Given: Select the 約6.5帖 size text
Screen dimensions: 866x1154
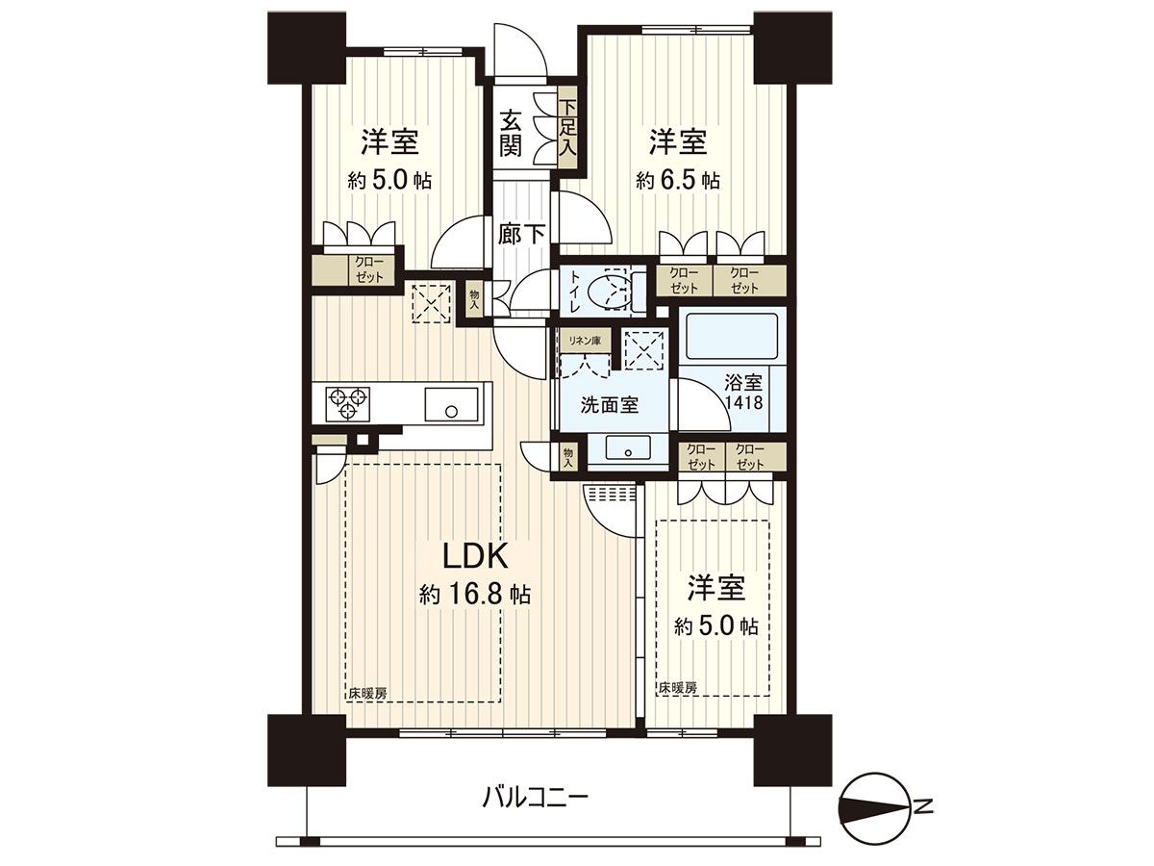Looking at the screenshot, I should coord(677,180).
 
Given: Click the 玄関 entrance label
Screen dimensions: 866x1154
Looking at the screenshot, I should coord(512,133).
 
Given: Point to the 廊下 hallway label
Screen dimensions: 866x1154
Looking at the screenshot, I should coord(522,234).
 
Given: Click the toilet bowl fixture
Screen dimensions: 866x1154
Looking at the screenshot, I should coord(609,290).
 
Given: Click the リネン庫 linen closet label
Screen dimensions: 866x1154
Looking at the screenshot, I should coord(584,339).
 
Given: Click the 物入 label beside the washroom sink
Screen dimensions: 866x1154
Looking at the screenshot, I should coord(567,456).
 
